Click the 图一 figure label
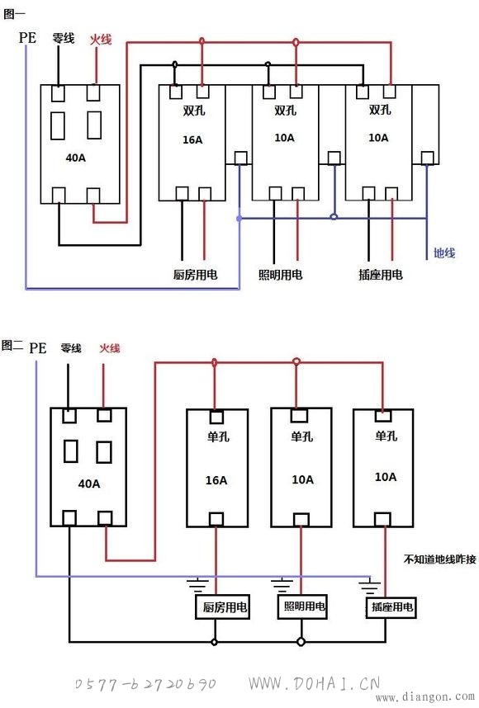[x=14, y=14]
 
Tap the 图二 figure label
[x=12, y=346]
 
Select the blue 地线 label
[x=444, y=253]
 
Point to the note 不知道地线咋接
[x=439, y=559]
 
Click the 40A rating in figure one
[x=75, y=158]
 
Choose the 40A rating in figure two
[x=88, y=484]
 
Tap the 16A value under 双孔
[x=192, y=139]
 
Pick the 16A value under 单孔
[x=216, y=480]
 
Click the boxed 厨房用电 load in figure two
[x=222, y=607]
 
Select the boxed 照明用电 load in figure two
[x=302, y=606]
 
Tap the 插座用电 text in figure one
[x=381, y=274]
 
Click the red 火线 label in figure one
[x=100, y=40]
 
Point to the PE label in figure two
[x=37, y=347]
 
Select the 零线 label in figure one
[x=64, y=38]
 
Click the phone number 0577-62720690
[x=145, y=684]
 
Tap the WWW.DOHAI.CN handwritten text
[x=315, y=682]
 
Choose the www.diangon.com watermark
[x=424, y=697]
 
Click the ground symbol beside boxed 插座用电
[x=370, y=586]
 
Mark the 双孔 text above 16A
[x=194, y=111]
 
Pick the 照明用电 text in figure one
[x=280, y=274]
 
